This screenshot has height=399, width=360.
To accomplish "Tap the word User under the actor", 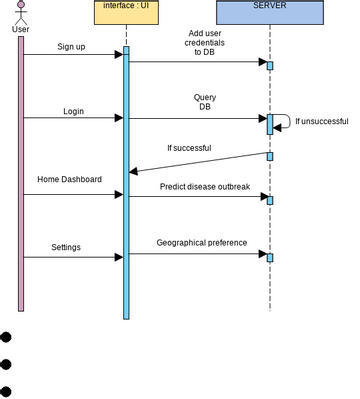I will pos(20,28).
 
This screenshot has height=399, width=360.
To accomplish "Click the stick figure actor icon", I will pos(20,12).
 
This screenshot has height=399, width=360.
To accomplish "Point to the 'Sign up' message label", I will pos(72,47).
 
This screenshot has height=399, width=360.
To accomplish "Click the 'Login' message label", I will pos(73,111).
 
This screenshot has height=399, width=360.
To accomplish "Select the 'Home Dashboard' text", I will pos(69,179).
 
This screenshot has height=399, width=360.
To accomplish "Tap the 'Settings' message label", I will pos(66,246).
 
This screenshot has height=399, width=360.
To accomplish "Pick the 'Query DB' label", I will pos(204,102).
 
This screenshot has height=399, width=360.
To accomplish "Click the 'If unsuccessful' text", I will pos(321,122).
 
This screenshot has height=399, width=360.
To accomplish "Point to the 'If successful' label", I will pos(189,148).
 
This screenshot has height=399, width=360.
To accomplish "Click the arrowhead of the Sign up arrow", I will pos(118,55).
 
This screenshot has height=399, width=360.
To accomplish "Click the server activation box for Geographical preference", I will pos(269,257).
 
